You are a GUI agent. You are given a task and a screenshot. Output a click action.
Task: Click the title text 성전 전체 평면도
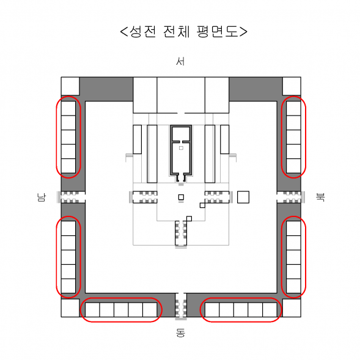183,31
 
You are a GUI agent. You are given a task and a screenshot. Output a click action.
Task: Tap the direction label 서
180,61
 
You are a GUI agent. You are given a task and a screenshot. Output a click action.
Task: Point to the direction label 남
42,197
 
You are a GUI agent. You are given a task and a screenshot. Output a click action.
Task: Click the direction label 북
320,197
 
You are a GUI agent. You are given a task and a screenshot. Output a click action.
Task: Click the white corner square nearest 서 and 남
70,86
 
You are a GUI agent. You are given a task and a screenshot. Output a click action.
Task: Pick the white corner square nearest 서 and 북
292,86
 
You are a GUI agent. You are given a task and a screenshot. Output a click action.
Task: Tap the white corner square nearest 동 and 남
70,308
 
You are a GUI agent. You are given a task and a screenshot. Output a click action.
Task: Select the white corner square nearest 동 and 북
292,308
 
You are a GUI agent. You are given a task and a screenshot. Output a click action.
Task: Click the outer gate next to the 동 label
181,306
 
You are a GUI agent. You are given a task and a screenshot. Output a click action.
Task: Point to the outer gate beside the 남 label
71,197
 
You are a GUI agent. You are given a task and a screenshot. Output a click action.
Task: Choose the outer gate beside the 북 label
291,197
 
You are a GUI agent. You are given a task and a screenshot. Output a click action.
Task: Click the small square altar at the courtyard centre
181,197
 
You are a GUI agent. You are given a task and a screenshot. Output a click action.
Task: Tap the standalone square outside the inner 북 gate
243,197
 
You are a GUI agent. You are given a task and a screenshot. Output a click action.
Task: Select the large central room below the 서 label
181,95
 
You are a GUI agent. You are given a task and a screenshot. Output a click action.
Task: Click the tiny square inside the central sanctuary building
181,148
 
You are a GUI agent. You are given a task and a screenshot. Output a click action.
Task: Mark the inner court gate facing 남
144,197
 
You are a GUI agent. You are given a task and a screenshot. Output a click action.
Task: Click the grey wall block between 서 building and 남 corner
106,89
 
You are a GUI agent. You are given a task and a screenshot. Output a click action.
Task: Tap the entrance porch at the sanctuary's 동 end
181,177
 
